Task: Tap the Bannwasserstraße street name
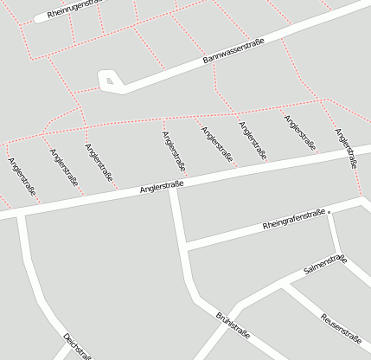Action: (233, 52)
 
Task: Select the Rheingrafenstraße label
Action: (293, 220)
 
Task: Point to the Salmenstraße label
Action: (325, 265)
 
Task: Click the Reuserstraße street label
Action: (341, 327)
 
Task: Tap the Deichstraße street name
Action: (77, 345)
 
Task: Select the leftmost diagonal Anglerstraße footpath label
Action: (22, 177)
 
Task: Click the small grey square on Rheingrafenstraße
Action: (329, 211)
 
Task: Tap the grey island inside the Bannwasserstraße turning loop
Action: (109, 81)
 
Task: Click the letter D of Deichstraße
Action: (66, 336)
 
